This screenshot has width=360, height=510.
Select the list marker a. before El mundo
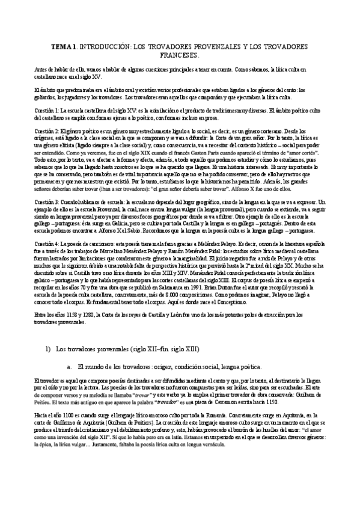[x=70, y=366]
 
